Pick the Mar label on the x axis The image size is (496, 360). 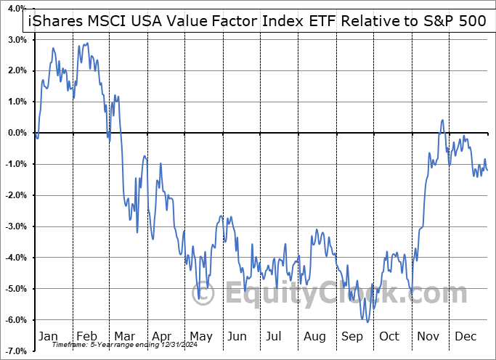(124, 337)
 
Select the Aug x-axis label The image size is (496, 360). (315, 337)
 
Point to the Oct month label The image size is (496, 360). (389, 337)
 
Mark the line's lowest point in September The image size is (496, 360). (367, 322)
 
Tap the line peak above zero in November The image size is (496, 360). (442, 120)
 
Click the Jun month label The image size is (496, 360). (237, 337)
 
